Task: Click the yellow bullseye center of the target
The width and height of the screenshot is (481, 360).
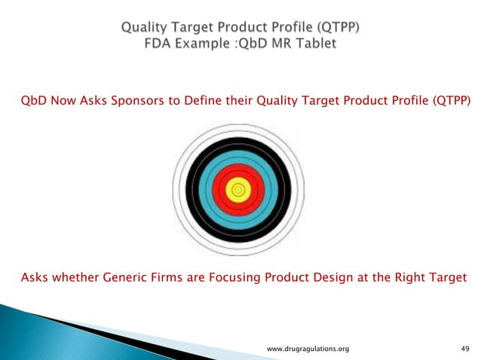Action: click(x=240, y=191)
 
